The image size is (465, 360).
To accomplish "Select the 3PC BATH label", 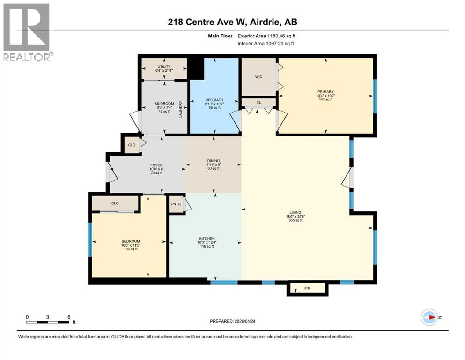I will (x=214, y=100).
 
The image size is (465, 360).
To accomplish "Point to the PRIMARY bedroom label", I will (x=325, y=92).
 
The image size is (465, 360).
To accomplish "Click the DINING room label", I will (x=214, y=161).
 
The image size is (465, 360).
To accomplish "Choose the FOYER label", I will (x=156, y=165).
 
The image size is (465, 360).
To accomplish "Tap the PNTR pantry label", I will (x=176, y=204).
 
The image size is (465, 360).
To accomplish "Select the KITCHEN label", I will (x=207, y=239).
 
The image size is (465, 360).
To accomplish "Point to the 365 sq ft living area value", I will (x=295, y=220).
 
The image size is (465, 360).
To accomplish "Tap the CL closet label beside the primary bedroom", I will (x=258, y=102).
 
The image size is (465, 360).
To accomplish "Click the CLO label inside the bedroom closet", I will (x=115, y=204).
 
